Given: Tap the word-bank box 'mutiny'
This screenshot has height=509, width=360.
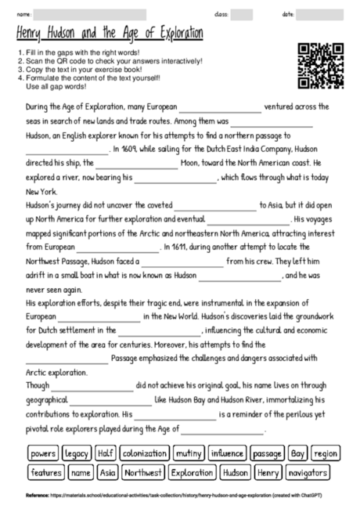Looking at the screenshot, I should (189, 453).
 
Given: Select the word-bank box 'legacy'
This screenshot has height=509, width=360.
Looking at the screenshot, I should (77, 453).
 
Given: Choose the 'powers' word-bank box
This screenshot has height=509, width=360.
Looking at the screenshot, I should (44, 453).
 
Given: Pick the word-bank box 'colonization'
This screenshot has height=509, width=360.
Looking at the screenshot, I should (146, 453).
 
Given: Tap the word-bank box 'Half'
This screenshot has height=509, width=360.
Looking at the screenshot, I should (105, 453).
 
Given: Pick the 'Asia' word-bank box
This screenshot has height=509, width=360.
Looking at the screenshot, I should (108, 473).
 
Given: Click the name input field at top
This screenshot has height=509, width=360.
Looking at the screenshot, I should (88, 15).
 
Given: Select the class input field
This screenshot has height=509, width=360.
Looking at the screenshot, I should (242, 15).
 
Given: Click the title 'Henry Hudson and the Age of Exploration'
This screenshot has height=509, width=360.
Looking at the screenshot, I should (109, 35).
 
